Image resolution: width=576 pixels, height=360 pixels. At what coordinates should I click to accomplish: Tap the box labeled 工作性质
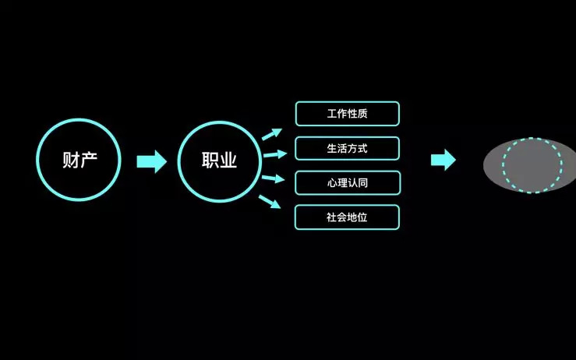[347, 114]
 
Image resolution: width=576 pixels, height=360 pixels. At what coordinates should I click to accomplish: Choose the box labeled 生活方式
[347, 148]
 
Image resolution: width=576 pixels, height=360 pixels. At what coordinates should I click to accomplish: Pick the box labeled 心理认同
[347, 183]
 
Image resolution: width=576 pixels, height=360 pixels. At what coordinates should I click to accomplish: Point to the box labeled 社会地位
[347, 217]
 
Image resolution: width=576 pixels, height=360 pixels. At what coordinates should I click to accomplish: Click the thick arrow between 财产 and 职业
[151, 161]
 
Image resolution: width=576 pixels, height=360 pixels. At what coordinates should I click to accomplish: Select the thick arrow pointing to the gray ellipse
[443, 161]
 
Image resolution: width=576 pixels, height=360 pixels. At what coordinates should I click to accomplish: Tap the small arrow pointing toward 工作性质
[271, 134]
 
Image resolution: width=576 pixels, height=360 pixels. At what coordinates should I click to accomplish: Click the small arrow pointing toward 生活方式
[275, 154]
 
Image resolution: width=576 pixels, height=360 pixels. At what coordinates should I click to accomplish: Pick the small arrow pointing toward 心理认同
[274, 179]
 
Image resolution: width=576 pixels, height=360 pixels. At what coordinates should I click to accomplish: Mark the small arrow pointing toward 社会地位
[270, 202]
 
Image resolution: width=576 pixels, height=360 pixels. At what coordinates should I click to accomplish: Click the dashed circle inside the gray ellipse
[532, 165]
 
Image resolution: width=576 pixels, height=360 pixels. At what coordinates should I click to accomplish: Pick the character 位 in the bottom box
[362, 217]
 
